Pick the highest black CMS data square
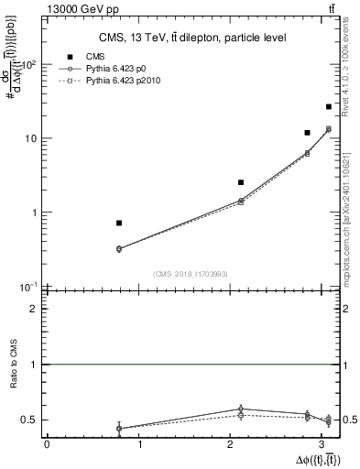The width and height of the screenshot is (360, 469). click(328, 107)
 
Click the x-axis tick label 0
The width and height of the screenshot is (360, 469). click(47, 445)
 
